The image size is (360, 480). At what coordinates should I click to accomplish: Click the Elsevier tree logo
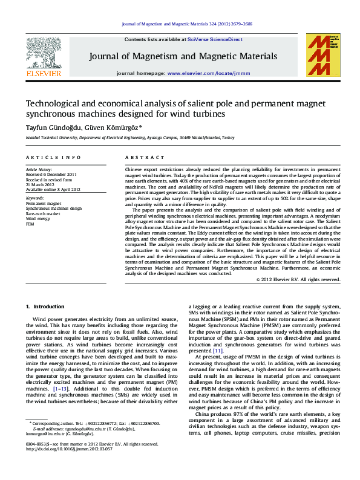tap(43, 52)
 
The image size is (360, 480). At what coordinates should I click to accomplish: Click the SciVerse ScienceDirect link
tap(215, 39)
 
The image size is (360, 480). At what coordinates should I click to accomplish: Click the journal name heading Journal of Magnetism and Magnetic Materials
tap(183, 56)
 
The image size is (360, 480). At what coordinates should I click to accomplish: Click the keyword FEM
tap(30, 222)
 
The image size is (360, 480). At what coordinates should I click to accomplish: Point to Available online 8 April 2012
tap(53, 189)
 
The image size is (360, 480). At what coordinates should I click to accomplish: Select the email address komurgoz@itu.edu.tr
tap(48, 451)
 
